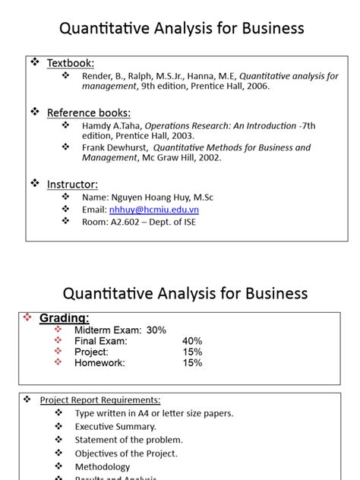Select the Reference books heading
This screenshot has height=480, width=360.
(x=89, y=112)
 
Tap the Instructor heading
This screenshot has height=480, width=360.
(x=72, y=184)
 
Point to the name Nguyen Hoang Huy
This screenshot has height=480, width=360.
(x=151, y=197)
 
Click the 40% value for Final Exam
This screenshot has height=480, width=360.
(x=192, y=341)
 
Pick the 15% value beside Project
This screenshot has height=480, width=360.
(x=192, y=352)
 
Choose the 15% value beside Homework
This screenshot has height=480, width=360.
(x=192, y=363)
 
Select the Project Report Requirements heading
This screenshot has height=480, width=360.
(x=99, y=400)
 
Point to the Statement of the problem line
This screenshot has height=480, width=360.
(x=129, y=440)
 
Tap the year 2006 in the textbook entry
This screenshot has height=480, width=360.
(x=256, y=87)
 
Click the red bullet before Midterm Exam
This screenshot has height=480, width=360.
(x=59, y=330)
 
